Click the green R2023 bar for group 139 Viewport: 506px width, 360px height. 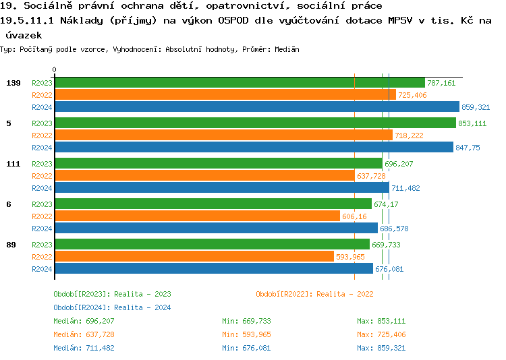[240, 83]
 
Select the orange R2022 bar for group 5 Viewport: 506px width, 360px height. [223, 136]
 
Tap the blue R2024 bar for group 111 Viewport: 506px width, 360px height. [222, 188]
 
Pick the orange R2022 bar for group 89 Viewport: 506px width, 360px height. [194, 257]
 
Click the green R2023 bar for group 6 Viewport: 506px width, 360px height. [213, 204]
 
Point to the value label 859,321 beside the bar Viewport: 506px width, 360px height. [476, 107]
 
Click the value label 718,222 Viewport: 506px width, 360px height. [409, 136]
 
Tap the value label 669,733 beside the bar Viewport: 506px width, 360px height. [387, 245]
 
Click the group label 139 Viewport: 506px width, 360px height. [13, 83]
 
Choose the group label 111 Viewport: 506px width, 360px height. [13, 164]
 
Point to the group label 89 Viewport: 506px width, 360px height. [11, 245]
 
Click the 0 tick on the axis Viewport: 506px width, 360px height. [55, 69]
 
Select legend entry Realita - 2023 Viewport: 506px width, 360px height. [112, 294]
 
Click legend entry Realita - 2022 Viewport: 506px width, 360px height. [314, 294]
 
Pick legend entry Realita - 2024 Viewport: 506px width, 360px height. [112, 307]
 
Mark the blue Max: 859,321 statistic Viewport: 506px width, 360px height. [381, 348]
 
